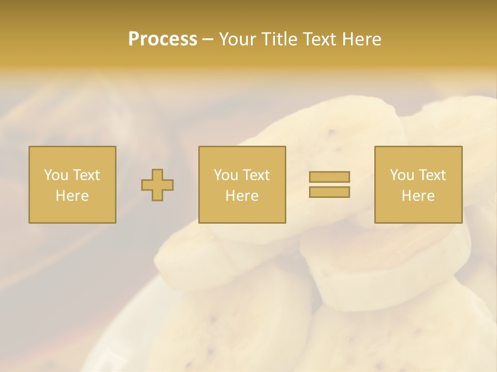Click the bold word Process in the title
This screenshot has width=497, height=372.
pos(163,39)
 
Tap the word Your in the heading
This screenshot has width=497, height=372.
pos(239,39)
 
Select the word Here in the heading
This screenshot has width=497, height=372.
pos(361,39)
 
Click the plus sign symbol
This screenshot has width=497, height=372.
pos(157,185)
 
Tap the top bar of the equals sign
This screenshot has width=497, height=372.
pos(329,177)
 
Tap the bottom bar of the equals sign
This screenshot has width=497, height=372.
pos(329,192)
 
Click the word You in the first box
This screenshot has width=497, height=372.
pos(55,175)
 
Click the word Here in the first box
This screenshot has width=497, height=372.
pos(72,196)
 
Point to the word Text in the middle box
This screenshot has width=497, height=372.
pos(256,175)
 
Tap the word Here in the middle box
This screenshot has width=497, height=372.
pos(242,196)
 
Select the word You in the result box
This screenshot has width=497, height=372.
pos(401,175)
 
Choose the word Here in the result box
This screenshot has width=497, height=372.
pos(418,196)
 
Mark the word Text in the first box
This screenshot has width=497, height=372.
pos(86,175)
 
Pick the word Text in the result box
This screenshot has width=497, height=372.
pos(432,175)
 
